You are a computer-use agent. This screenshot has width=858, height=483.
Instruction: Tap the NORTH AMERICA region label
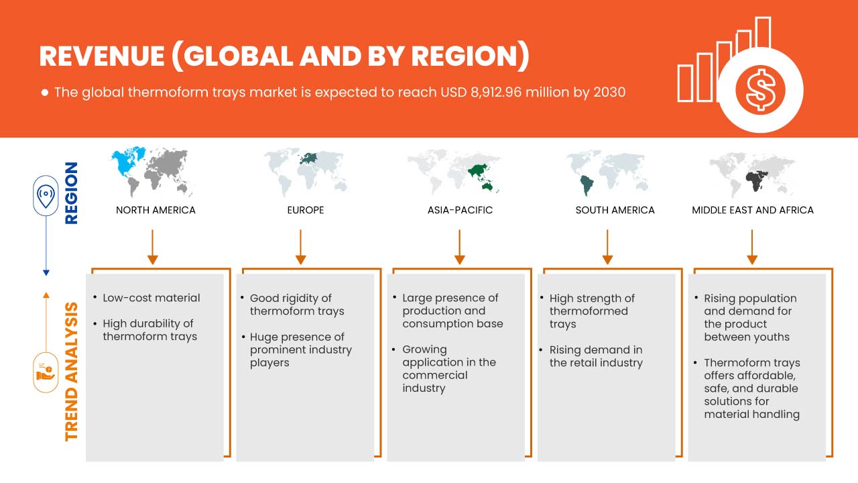click(x=156, y=210)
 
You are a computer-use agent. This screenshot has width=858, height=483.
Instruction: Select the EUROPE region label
click(x=305, y=210)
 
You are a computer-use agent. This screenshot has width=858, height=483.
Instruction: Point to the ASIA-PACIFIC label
click(x=460, y=210)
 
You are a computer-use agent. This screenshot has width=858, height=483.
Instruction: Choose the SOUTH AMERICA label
click(x=615, y=210)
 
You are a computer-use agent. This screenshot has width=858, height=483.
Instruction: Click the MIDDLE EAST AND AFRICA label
click(x=752, y=210)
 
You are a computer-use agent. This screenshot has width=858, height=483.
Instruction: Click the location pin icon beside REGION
click(x=46, y=197)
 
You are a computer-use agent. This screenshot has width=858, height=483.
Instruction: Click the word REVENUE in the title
click(x=100, y=57)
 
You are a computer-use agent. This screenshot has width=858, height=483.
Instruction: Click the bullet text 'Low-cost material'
click(x=151, y=298)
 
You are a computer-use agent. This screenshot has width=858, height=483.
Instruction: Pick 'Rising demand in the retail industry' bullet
click(x=596, y=356)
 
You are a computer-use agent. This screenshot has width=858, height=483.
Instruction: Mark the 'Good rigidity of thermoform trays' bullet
click(x=296, y=305)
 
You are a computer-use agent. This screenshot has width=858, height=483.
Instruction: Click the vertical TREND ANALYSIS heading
click(x=71, y=372)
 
